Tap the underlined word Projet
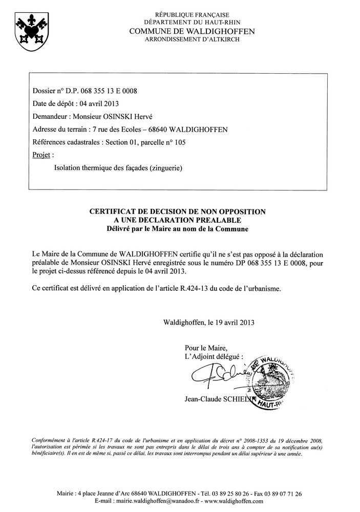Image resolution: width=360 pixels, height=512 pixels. tap(41, 155)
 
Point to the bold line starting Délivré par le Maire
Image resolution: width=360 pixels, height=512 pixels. tap(178, 229)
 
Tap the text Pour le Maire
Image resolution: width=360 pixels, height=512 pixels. tap(203, 347)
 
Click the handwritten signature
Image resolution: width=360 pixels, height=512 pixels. tap(216, 377)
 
